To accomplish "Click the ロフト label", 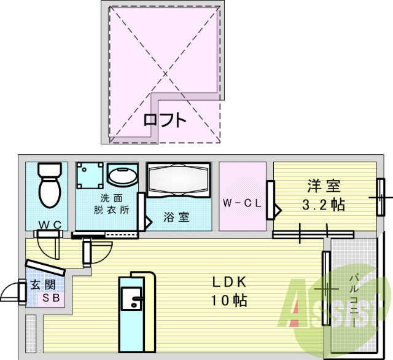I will point(164,120).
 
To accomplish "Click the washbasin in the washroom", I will point(123,176).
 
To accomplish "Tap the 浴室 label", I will point(176,217).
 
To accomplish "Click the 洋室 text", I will point(324,186).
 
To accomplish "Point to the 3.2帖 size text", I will point(324,205).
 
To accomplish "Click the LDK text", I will point(229,283).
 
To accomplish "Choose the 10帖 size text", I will point(230,301).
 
